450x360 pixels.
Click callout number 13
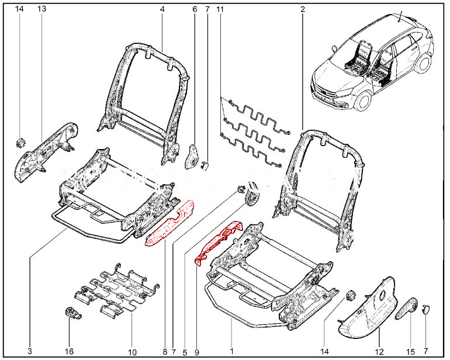pos(41,9)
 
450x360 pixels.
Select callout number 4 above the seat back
pos(162,9)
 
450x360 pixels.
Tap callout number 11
pos(220,9)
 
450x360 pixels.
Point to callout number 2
pos(303,9)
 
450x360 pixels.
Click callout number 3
pos(30,352)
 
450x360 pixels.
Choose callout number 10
pos(132,352)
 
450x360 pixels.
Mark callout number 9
pos(196,352)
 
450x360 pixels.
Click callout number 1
pos(232,352)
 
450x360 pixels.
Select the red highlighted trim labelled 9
pos(221,242)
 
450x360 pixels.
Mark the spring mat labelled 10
pos(117,289)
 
